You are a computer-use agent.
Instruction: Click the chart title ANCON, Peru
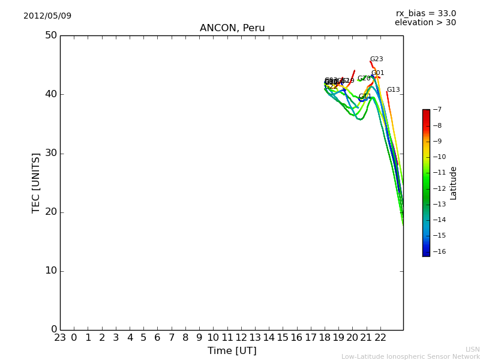point(232,28)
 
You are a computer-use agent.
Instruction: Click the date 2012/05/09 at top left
point(47,16)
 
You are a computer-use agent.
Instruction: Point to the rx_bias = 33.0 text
point(426,13)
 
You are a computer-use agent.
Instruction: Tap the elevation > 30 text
point(425,23)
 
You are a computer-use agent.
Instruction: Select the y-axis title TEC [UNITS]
point(37,182)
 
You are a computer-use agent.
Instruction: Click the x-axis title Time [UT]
point(232,350)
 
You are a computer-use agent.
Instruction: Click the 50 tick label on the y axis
point(50,35)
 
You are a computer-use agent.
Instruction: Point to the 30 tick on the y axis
point(50,153)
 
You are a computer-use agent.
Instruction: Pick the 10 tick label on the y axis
point(50,271)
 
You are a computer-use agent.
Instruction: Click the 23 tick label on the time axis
point(60,338)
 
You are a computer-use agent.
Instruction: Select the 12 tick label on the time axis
point(241,338)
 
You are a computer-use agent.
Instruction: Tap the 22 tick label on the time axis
point(380,338)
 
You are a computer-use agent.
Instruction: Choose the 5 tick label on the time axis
point(143,338)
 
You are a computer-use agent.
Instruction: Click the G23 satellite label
point(376,59)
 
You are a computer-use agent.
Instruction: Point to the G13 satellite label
point(393,90)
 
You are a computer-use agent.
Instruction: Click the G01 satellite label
point(377,73)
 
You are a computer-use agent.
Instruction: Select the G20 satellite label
point(364,79)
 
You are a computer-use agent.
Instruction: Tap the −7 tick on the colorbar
point(439,110)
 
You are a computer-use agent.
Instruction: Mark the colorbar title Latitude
point(454,183)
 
